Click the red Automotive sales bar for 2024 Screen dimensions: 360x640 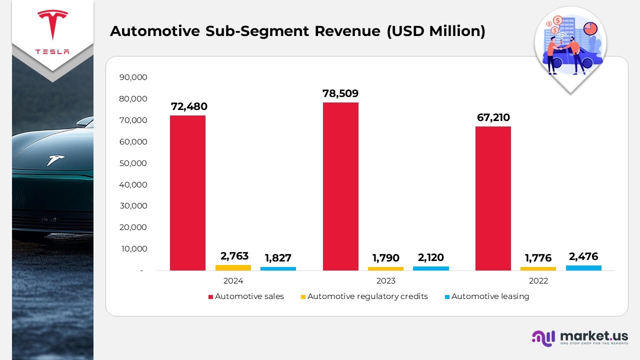pos(187,193)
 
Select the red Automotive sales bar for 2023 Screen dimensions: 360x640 pos(340,186)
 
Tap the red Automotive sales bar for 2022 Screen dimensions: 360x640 pos(493,198)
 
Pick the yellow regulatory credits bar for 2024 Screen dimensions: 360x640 pos(233,267)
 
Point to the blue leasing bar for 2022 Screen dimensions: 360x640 pos(583,268)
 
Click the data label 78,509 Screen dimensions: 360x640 pos(340,93)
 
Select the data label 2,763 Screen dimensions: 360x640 pos(234,256)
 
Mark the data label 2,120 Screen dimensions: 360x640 pos(430,258)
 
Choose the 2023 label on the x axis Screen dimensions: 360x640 pos(385,281)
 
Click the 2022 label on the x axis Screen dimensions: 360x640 pos(538,281)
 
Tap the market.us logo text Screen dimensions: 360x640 pos(594,335)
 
